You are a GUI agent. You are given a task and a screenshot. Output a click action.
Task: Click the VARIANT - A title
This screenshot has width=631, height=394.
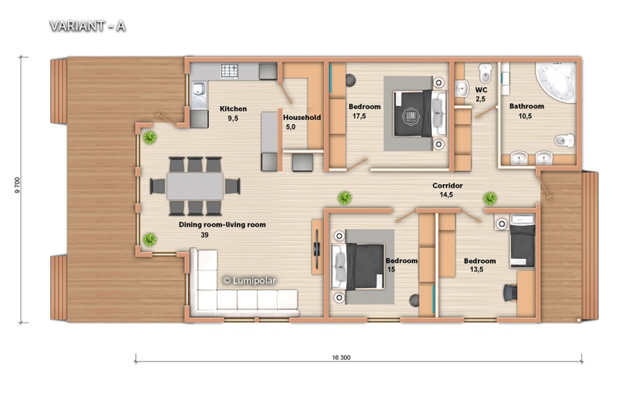click(87, 26)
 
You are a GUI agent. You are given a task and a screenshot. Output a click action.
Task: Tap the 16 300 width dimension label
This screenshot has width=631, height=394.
click(341, 357)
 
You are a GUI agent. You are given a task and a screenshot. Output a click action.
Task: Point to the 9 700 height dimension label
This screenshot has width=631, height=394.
click(17, 186)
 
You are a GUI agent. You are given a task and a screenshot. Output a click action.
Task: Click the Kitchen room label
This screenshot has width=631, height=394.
click(234, 109)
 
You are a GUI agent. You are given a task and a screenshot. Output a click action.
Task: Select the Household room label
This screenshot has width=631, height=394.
click(302, 118)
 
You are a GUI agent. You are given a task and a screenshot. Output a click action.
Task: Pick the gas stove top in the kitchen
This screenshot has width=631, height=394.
click(230, 71)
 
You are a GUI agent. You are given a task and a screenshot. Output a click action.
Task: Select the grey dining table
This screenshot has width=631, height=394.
click(195, 186)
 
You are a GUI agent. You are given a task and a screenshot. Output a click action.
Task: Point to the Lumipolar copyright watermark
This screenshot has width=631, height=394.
click(250, 280)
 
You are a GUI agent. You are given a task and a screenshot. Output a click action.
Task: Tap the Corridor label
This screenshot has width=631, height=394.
click(447, 186)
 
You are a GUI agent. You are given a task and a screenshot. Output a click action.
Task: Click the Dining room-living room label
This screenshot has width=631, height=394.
click(222, 225)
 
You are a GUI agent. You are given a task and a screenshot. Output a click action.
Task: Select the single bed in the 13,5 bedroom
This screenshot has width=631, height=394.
click(522, 241)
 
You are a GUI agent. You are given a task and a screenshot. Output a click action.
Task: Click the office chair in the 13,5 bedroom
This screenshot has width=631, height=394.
click(510, 292)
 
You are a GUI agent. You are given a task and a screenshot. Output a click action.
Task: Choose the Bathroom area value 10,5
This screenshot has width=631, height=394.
click(525, 116)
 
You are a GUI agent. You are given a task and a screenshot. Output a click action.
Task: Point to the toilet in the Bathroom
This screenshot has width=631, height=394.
click(564, 141)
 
